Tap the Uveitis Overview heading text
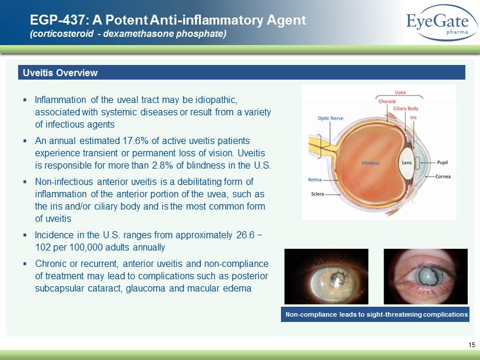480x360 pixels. coord(60,73)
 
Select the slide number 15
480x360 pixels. coord(471,345)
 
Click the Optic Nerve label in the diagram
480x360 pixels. coord(330,118)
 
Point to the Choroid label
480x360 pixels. coord(387,101)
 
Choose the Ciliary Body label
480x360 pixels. coord(406,108)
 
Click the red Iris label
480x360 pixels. coord(413,117)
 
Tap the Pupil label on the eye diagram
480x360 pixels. coord(443,162)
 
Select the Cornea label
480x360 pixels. coord(443,176)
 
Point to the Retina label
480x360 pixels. coord(315,180)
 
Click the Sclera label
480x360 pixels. coord(317,194)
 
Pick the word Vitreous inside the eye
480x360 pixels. coord(370,163)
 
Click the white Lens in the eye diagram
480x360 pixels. coord(406,163)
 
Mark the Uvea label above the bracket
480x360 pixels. coord(400,92)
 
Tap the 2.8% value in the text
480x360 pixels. coord(163,165)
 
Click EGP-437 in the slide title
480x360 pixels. coord(56,20)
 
